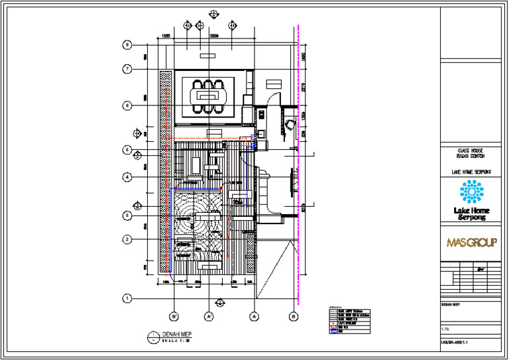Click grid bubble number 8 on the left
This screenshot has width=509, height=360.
coord(126,45)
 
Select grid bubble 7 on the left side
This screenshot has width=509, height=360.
coord(126,69)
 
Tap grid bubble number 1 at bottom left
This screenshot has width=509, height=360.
coord(126,298)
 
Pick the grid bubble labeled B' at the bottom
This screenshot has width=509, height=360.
coord(173,317)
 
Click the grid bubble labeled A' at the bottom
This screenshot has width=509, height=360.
coord(208,317)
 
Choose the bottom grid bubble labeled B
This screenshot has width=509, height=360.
coord(294,317)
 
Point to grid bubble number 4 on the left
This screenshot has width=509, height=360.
coord(126,177)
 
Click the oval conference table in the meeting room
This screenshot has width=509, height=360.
coord(209,97)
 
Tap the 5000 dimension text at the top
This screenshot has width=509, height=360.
coord(214,35)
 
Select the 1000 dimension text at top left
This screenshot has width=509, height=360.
coord(166,35)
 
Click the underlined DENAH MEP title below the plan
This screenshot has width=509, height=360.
coord(176,333)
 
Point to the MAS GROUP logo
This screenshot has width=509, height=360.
coord(471,243)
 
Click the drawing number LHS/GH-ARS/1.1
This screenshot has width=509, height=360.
coord(459,343)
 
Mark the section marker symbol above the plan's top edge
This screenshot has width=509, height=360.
coord(213,13)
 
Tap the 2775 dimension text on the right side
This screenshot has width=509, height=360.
coord(302,86)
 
